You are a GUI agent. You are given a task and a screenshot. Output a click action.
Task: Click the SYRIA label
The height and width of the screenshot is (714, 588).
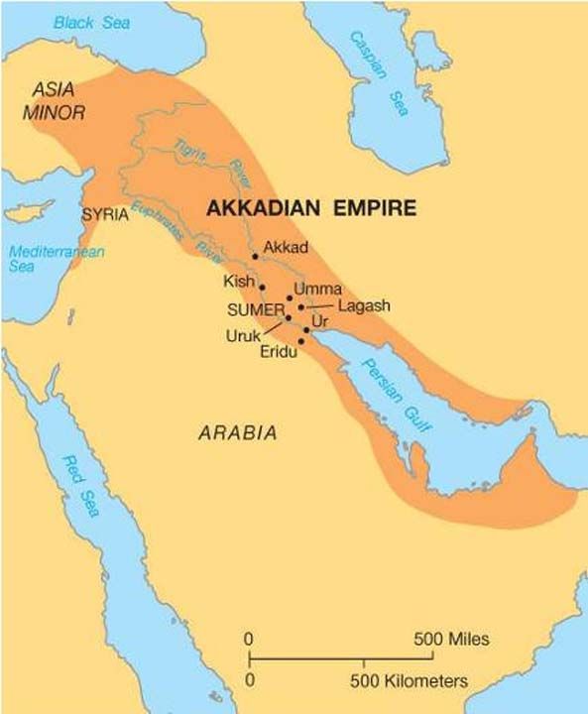[x=105, y=214]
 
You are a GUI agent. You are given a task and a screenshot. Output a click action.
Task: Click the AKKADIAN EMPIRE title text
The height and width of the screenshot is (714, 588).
[x=309, y=208]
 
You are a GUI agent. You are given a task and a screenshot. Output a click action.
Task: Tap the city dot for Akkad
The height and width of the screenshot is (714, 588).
[x=256, y=256]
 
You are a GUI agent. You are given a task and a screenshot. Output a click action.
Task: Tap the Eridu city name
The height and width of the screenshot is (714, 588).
[x=280, y=352]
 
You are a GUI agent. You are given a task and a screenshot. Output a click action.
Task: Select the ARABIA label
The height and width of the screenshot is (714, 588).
[x=237, y=433]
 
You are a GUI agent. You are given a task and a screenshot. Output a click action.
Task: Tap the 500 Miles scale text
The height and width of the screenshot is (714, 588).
[x=452, y=639]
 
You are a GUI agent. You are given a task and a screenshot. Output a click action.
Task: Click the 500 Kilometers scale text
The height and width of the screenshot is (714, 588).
[x=408, y=681]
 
